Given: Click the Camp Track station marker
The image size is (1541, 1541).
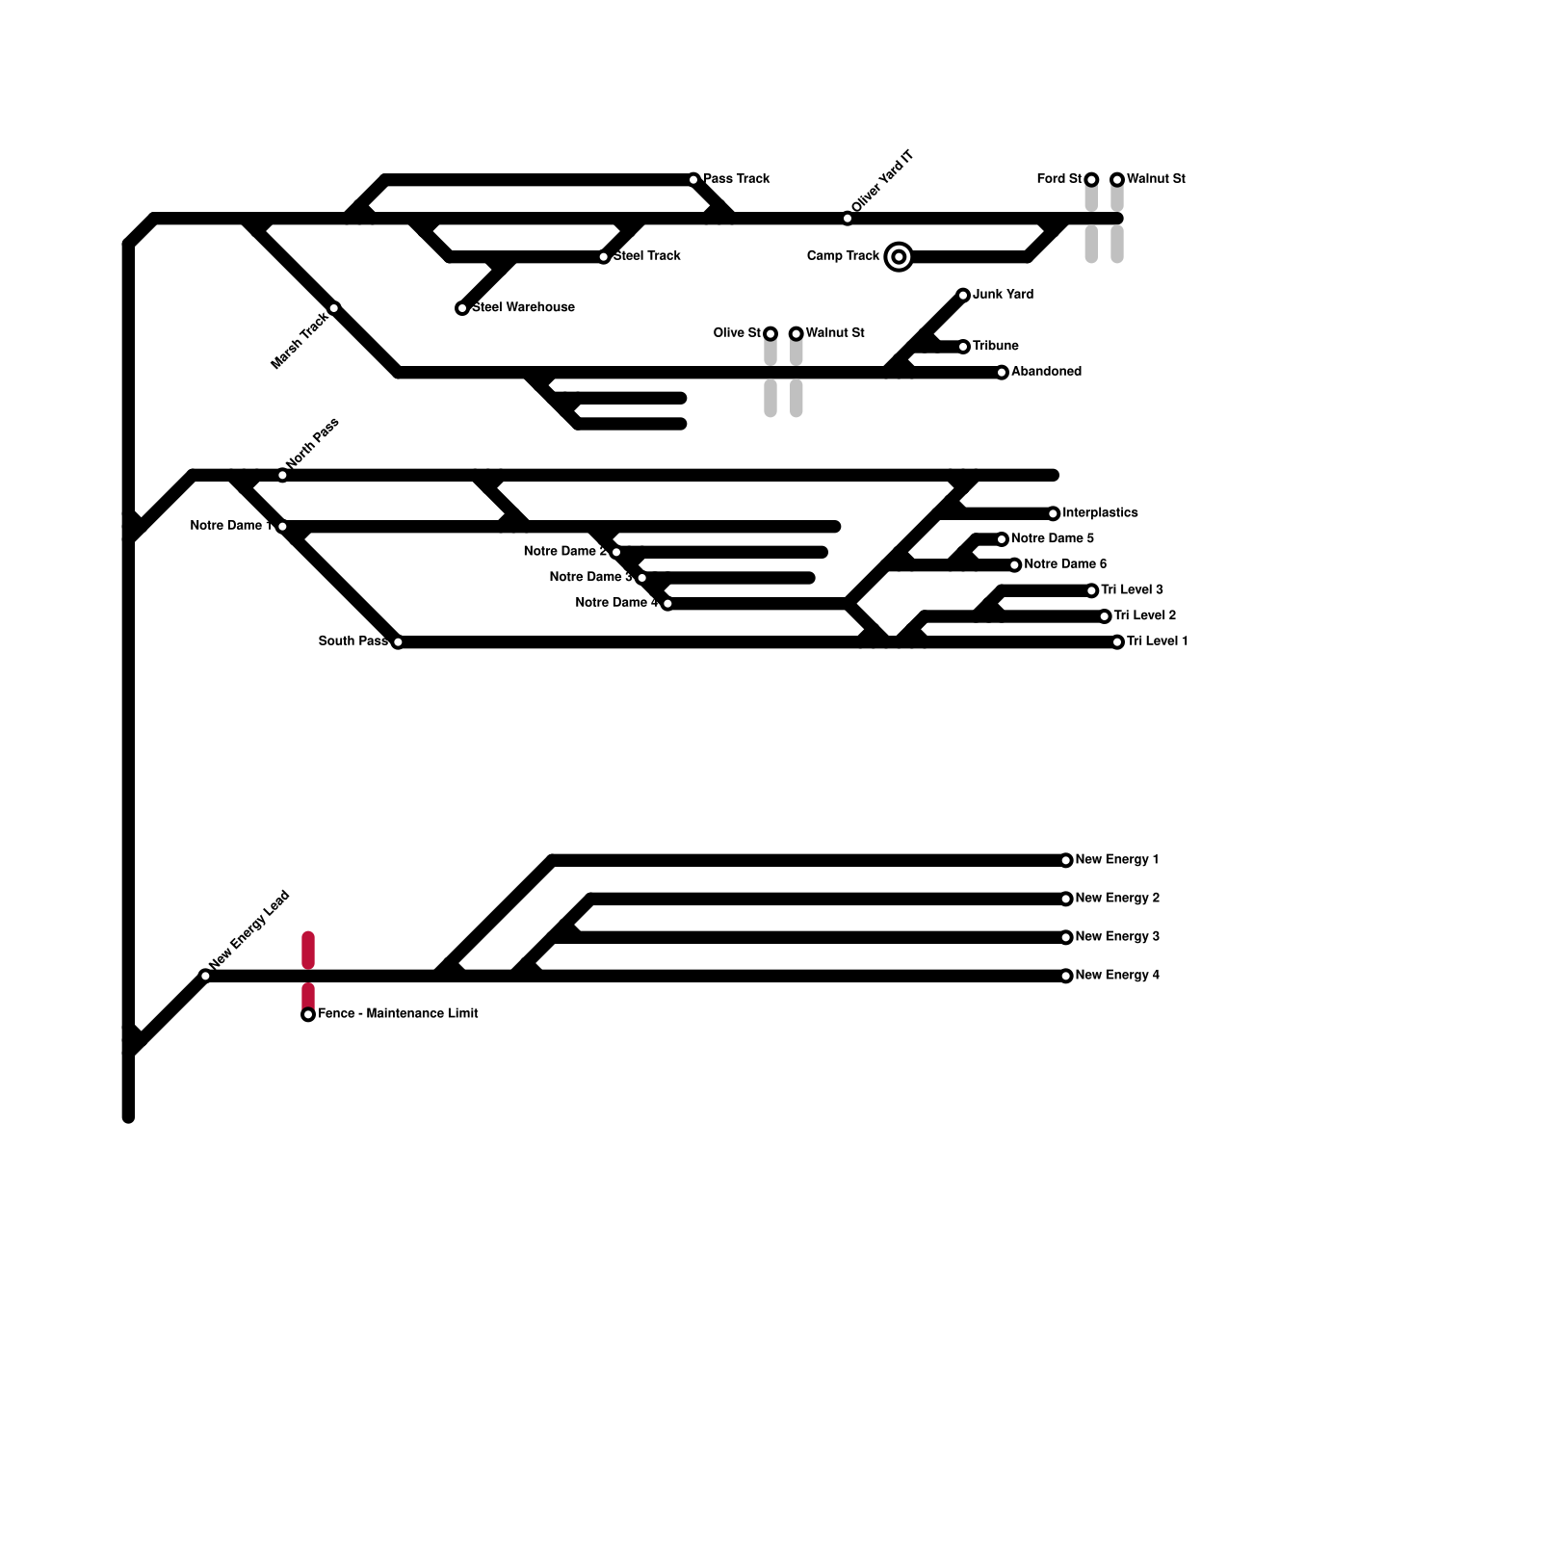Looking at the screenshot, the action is pyautogui.click(x=899, y=256).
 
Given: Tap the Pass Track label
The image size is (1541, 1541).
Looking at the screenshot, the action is pyautogui.click(x=737, y=179).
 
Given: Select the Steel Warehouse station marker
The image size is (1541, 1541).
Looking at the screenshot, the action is pyautogui.click(x=462, y=308).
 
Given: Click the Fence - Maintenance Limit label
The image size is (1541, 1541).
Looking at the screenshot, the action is pyautogui.click(x=398, y=1013).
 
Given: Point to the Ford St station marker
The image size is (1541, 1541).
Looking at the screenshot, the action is pyautogui.click(x=1091, y=179).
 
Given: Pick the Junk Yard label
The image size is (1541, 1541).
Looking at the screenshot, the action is pyautogui.click(x=1003, y=295).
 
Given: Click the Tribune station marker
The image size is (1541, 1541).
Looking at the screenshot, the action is pyautogui.click(x=963, y=347).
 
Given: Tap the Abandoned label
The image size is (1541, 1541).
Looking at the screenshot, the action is pyautogui.click(x=1046, y=372).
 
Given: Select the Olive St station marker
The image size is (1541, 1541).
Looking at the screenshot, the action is pyautogui.click(x=770, y=333).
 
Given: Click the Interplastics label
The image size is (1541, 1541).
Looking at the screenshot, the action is pyautogui.click(x=1100, y=513).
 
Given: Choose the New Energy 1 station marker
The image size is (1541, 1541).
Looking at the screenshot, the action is pyautogui.click(x=1066, y=860).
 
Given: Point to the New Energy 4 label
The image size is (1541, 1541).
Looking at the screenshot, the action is pyautogui.click(x=1117, y=976).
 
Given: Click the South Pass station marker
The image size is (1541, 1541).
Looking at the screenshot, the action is pyautogui.click(x=398, y=642).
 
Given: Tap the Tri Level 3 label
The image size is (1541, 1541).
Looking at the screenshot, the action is pyautogui.click(x=1132, y=590).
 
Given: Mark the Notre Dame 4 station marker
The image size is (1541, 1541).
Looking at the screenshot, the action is pyautogui.click(x=667, y=604).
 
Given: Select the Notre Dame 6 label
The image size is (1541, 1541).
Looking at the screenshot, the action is pyautogui.click(x=1065, y=564).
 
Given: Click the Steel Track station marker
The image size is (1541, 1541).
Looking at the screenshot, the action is pyautogui.click(x=604, y=257).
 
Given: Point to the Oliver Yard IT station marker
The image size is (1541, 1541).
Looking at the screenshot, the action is pyautogui.click(x=848, y=219).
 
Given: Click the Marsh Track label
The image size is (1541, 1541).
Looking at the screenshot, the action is pyautogui.click(x=300, y=340).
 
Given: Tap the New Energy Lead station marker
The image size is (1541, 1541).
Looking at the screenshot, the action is pyautogui.click(x=205, y=976).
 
